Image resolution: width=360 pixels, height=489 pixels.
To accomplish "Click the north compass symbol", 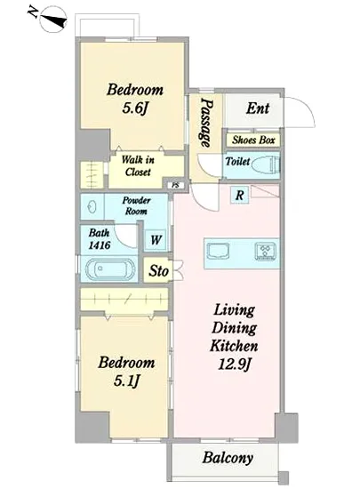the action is (x=53, y=20).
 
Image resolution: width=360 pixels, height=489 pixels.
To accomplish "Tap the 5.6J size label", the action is (x=134, y=108).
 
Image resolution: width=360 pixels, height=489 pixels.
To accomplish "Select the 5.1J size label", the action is (x=126, y=381).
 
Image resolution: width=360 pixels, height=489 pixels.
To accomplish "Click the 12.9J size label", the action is (x=235, y=364).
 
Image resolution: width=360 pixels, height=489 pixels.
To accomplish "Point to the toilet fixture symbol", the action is (x=266, y=164).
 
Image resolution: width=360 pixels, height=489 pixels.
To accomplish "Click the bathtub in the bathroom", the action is (x=110, y=269).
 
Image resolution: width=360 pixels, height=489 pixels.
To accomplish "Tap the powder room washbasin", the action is (x=92, y=207).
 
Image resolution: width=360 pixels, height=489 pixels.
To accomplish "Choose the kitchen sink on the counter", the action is (x=218, y=251).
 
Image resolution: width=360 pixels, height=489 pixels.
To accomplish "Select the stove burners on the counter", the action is (x=265, y=251).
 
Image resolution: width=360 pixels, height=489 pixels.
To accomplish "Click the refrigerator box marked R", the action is (x=240, y=196).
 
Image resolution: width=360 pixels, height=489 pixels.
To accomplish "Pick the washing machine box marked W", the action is (x=156, y=240).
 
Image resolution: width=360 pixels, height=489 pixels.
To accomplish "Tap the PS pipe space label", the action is (x=176, y=185).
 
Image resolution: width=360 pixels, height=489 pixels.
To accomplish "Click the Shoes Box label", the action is (x=253, y=140).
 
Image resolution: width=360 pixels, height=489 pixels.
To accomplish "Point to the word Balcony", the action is (x=228, y=458).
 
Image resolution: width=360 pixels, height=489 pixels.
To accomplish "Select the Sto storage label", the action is (x=158, y=270).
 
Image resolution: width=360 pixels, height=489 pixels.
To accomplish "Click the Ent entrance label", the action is (x=258, y=108).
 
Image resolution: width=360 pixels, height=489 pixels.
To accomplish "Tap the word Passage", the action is (x=206, y=123).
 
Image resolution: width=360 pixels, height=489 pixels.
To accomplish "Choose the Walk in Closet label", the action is (x=138, y=166).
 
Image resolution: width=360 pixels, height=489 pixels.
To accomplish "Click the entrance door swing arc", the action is (x=306, y=107).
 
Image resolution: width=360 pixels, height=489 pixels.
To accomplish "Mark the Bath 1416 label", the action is (x=100, y=239).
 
